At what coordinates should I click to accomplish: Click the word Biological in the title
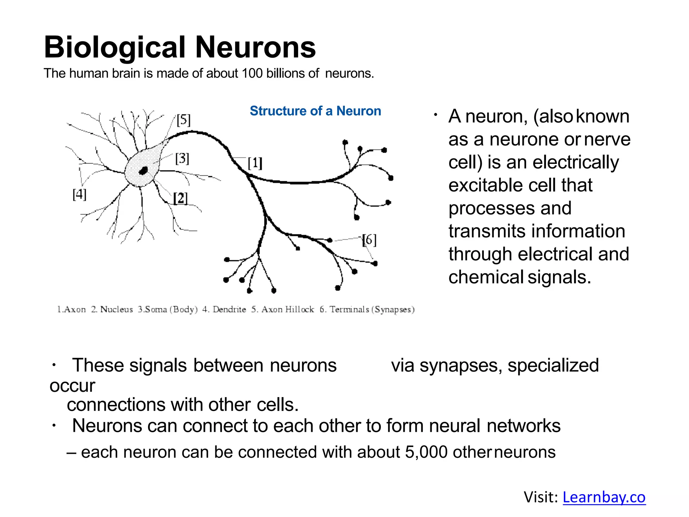coord(115,47)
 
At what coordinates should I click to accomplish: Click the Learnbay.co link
coord(604,497)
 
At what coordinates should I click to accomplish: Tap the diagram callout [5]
coord(183,120)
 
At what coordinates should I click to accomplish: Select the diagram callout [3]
coord(182,158)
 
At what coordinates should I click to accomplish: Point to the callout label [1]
coord(255,163)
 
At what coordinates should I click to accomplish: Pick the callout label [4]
coord(79,194)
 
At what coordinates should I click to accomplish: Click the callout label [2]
coord(180,198)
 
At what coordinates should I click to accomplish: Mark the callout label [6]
coord(369,240)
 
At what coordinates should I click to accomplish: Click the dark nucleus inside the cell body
coord(144,171)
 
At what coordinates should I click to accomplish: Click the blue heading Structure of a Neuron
coord(315,111)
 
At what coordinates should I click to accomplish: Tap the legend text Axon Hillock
coord(287,309)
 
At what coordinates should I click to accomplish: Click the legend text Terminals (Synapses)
coord(371,309)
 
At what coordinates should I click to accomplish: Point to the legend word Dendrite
coord(229,309)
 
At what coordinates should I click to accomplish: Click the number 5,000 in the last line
coord(426,452)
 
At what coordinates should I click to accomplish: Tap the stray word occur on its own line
coord(72,386)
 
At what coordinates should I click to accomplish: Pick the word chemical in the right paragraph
coord(485,277)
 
